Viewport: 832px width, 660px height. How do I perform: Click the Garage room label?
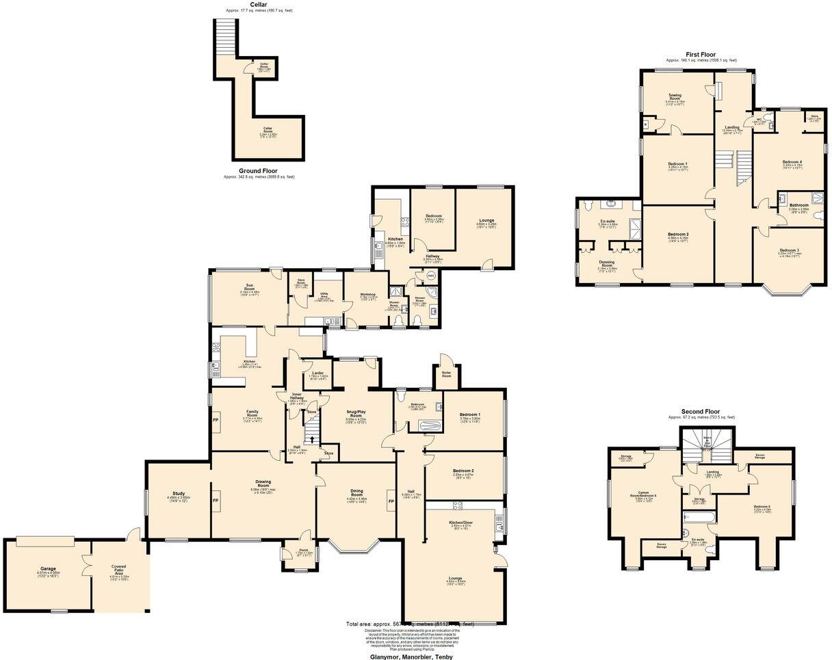(x=48, y=569)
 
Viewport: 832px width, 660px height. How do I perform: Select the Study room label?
(x=179, y=495)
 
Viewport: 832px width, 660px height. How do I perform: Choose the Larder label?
(x=318, y=373)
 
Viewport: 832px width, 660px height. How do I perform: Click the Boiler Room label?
(x=446, y=375)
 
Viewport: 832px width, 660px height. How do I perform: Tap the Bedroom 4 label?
(x=792, y=163)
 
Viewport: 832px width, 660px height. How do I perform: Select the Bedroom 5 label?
(x=762, y=507)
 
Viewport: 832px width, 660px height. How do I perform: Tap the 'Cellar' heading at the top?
(x=259, y=4)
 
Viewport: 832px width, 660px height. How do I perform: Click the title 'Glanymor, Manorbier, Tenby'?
(x=411, y=657)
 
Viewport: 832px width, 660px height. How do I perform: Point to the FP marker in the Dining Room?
(x=392, y=502)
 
